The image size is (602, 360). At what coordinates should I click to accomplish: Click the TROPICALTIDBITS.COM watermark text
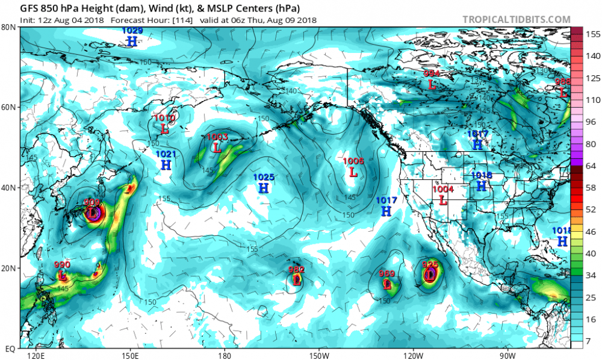pyautogui.click(x=516, y=19)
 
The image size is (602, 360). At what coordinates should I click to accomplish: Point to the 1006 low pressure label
pyautogui.click(x=353, y=161)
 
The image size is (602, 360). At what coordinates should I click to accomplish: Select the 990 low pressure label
pyautogui.click(x=62, y=265)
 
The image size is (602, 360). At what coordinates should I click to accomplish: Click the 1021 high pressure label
pyautogui.click(x=166, y=154)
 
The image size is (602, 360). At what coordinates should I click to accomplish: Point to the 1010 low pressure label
pyautogui.click(x=164, y=118)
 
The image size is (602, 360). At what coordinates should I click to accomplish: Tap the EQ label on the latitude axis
pyautogui.click(x=10, y=348)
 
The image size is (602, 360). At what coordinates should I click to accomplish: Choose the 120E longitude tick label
pyautogui.click(x=36, y=355)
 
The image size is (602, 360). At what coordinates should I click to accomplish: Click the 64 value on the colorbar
pyautogui.click(x=591, y=166)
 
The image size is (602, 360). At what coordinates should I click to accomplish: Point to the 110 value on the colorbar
pyautogui.click(x=591, y=100)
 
